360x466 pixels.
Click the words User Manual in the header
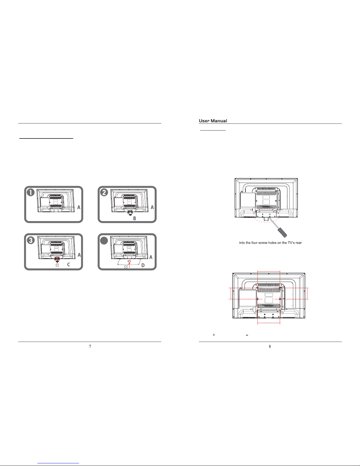(x=213, y=121)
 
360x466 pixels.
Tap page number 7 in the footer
(x=90, y=346)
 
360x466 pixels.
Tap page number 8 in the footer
(x=270, y=346)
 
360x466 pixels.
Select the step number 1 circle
(x=31, y=192)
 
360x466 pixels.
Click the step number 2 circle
(x=104, y=192)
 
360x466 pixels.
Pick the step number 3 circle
(x=31, y=240)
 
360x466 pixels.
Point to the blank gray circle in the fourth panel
(x=104, y=240)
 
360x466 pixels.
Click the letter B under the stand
(x=135, y=218)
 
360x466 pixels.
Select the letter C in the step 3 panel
(x=68, y=264)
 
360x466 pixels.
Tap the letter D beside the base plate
(x=143, y=265)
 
